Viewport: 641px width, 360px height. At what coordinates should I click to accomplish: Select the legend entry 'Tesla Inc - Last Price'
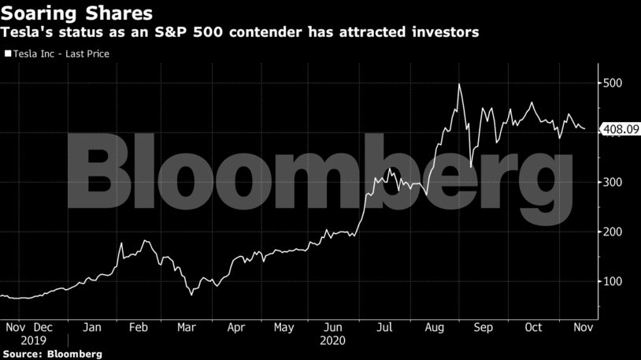pos(60,54)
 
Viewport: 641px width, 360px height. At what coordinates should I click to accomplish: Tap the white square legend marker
pos(7,54)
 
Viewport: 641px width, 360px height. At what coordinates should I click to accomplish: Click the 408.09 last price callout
pos(618,129)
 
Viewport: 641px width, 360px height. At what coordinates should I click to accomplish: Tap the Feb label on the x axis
pos(138,327)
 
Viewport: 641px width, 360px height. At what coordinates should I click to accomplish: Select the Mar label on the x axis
pos(186,327)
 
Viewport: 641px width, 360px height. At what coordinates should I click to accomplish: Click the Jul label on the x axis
pos(384,327)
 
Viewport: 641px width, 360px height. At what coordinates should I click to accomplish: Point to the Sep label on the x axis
pos(483,327)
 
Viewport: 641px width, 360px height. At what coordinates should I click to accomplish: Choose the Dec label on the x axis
pos(43,327)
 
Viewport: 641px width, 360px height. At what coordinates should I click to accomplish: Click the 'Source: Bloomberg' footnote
pos(52,354)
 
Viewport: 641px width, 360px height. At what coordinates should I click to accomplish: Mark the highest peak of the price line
pos(458,84)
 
